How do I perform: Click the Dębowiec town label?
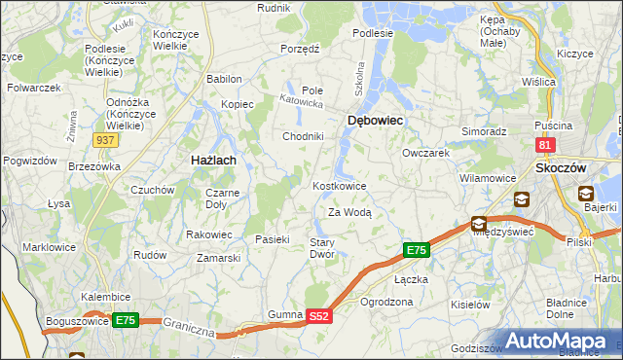(375, 120)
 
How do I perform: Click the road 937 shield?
(107, 141)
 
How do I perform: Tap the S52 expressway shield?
(320, 316)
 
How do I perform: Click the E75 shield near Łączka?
(416, 251)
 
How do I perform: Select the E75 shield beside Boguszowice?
(125, 320)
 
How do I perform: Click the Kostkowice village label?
(339, 186)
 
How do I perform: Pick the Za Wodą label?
(349, 212)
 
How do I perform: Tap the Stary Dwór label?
(322, 248)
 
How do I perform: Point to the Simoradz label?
(484, 130)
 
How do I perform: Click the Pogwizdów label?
(26, 161)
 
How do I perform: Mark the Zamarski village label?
(218, 258)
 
